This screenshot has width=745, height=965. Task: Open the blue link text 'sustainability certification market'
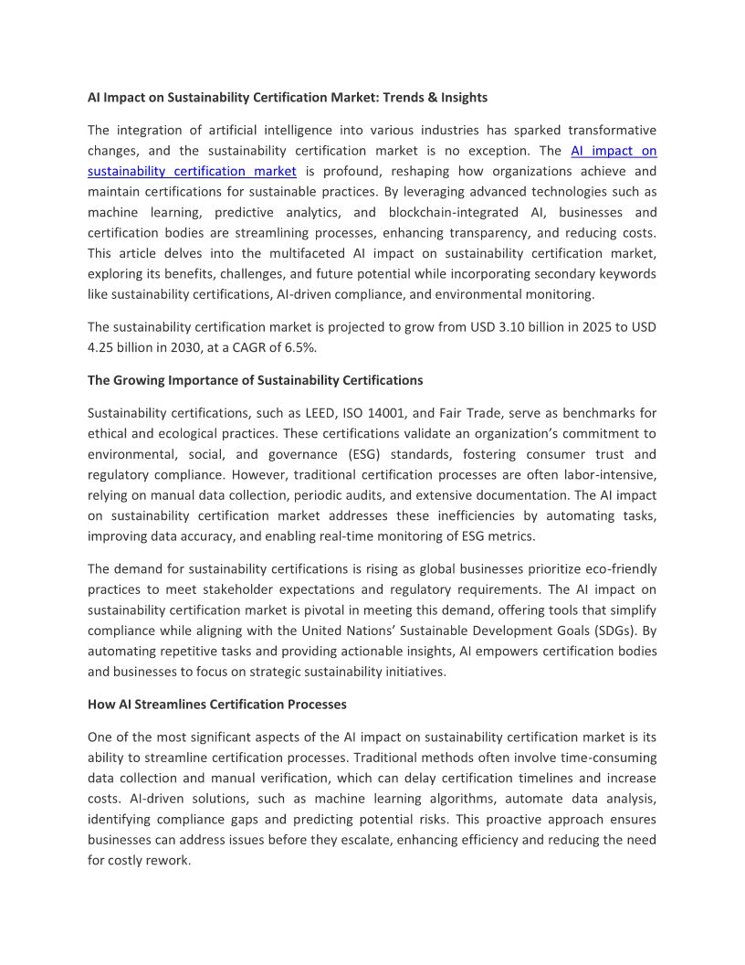192,171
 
